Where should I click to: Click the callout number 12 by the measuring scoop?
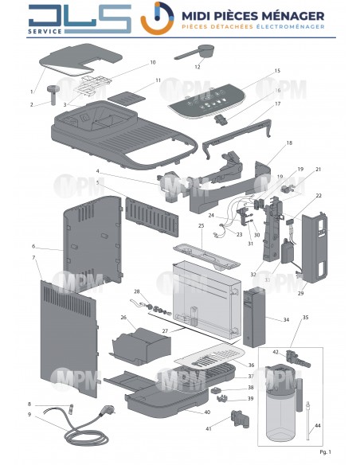tap(197, 67)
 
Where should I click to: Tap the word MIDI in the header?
tap(196, 15)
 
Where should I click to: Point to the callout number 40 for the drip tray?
tap(207, 412)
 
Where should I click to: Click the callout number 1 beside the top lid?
tap(33, 92)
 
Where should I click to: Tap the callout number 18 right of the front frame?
tap(289, 143)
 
